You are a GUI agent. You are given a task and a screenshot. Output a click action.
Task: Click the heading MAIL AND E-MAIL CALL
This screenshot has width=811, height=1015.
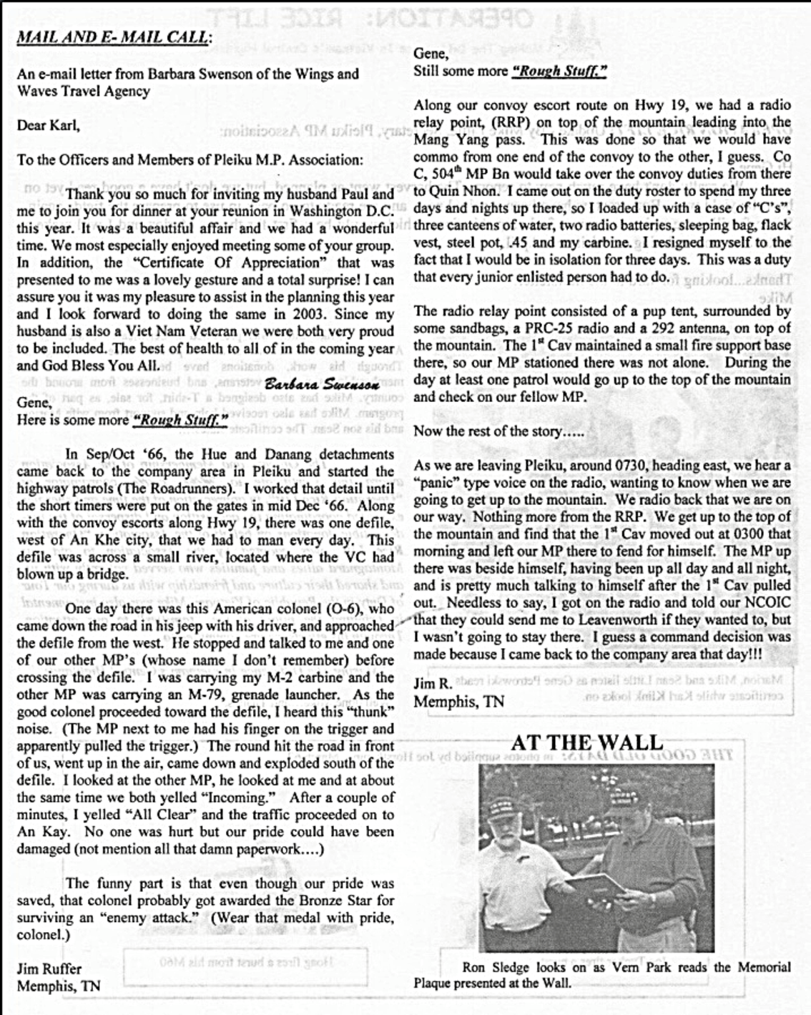click(x=113, y=36)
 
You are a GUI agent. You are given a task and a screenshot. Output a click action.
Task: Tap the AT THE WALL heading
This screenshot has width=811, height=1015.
click(x=587, y=742)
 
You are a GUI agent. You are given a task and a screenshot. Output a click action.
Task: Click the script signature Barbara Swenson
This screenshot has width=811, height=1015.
click(x=321, y=384)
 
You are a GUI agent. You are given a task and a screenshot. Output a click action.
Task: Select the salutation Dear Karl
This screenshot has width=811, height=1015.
click(x=48, y=126)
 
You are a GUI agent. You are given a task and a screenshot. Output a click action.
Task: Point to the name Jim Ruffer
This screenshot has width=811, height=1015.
click(x=49, y=969)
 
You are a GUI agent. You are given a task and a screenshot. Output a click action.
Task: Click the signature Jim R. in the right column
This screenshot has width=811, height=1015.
click(x=432, y=684)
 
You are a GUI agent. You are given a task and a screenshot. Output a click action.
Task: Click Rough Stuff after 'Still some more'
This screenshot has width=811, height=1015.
click(x=560, y=71)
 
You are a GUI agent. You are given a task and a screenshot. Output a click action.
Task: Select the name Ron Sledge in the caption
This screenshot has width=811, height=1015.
click(x=495, y=967)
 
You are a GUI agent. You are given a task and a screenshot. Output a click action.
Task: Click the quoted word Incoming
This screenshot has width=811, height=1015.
click(x=239, y=798)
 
